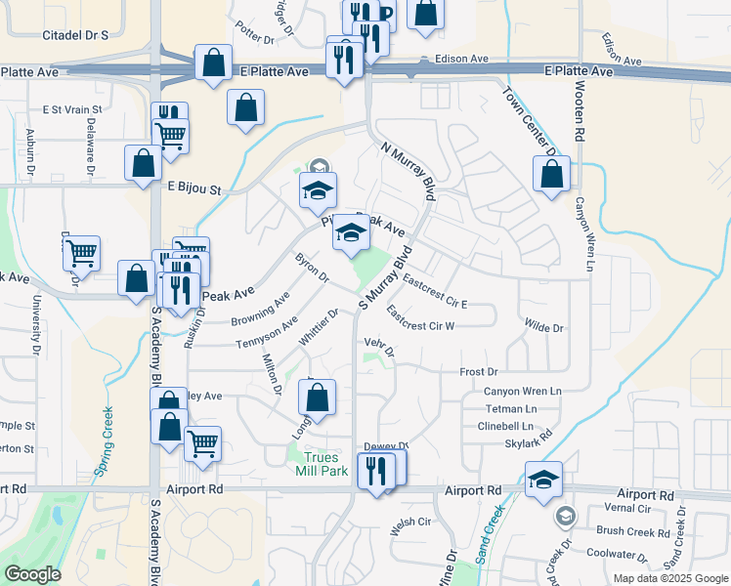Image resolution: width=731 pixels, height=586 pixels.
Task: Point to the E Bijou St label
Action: [x=194, y=186]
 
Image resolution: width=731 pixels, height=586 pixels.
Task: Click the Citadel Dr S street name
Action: [x=75, y=34]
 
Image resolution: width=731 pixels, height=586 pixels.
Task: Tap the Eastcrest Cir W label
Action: [x=420, y=323]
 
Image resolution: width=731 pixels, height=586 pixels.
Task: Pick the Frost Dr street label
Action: [x=479, y=372]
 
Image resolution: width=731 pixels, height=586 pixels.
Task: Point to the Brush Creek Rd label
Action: [x=632, y=532]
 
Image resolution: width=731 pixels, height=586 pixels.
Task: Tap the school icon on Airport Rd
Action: [x=543, y=480]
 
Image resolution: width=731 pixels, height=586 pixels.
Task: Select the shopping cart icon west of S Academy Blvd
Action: [x=81, y=253]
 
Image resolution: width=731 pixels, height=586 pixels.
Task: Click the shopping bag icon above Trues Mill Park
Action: [x=317, y=397]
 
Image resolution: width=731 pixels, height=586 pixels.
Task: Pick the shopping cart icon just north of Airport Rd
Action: [x=202, y=443]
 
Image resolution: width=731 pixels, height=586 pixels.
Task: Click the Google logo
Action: [x=32, y=574]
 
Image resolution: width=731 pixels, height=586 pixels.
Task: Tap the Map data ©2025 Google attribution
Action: [x=670, y=578]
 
